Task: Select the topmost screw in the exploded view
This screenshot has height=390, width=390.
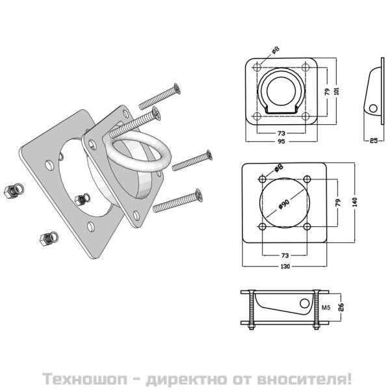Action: pos(159,96)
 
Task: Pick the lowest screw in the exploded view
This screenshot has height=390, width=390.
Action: pos(176,201)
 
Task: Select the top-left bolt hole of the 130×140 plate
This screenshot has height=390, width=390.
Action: pos(262,179)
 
